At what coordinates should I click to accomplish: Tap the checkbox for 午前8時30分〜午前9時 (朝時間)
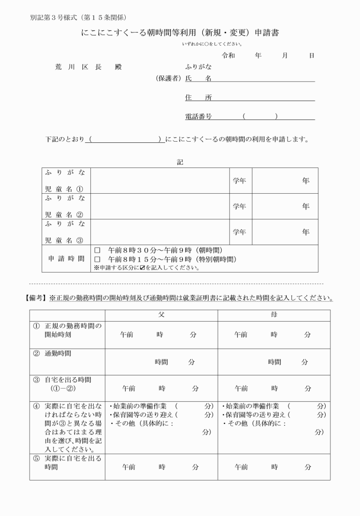pos(97,251)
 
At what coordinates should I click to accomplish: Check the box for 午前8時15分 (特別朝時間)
pos(97,259)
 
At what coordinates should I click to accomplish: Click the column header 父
pos(161,315)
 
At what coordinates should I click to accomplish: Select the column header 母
pos(274,315)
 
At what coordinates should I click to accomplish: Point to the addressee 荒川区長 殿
pos(87,67)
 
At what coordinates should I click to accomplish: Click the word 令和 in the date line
pos(228,55)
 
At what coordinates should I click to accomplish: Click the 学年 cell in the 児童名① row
pos(239,181)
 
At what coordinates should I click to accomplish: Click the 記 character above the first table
pos(180,162)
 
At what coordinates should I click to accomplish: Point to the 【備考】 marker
pos(36,298)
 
